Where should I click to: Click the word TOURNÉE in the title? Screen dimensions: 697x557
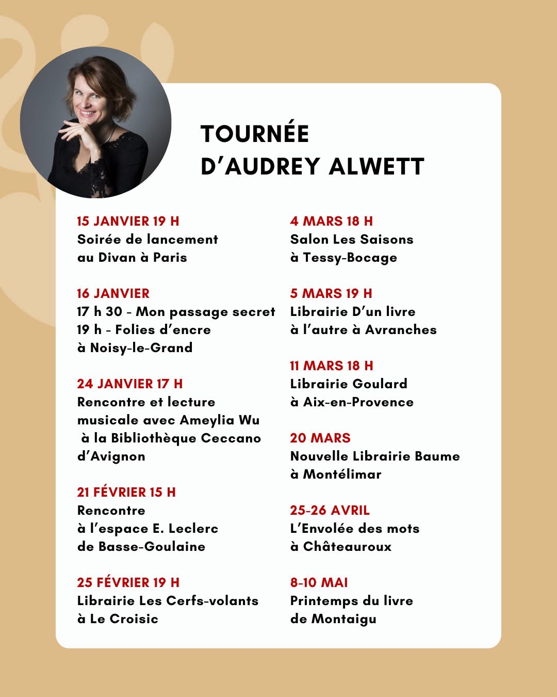tap(255, 134)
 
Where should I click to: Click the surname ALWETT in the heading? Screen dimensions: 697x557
tap(376, 167)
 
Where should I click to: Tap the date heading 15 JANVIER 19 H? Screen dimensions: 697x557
tap(128, 221)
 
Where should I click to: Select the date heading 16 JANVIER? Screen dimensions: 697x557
tap(113, 293)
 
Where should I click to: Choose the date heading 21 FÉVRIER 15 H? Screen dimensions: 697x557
tap(126, 492)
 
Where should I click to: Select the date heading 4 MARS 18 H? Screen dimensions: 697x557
tap(331, 221)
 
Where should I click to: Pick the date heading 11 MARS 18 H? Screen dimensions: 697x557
tap(331, 366)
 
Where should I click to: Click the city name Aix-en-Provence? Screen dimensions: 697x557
tap(358, 402)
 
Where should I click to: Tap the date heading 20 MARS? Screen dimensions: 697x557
tap(320, 438)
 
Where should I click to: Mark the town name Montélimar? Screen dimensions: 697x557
tap(342, 474)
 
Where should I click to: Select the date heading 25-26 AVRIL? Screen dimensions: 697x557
tap(330, 510)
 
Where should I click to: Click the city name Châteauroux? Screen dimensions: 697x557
tap(348, 547)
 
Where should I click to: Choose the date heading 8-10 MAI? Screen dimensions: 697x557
tap(319, 582)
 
